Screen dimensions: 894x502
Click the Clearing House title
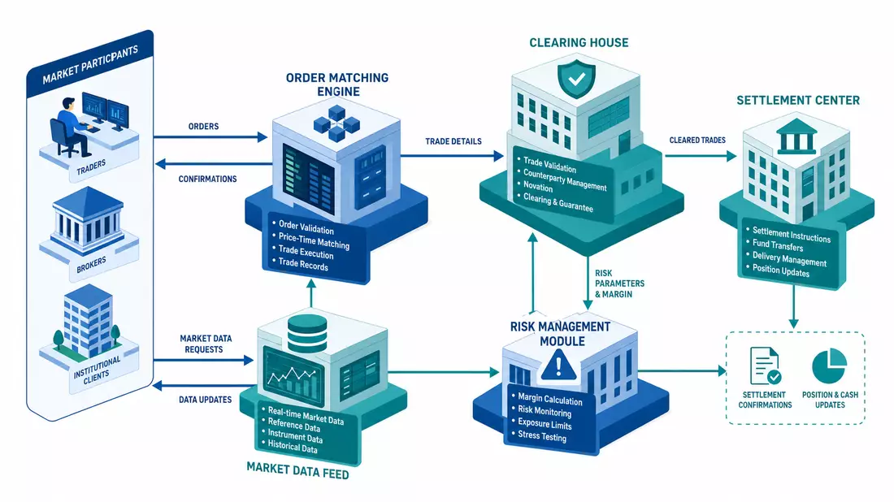coord(579,43)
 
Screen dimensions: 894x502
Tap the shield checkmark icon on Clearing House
coord(576,79)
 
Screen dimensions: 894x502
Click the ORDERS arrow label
coord(203,127)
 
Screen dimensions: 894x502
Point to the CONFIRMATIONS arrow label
coord(207,179)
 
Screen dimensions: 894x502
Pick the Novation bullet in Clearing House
coord(538,186)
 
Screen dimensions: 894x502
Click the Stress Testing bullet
coord(541,436)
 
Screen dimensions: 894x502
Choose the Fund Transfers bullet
coord(778,245)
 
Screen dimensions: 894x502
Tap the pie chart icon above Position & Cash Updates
coord(830,366)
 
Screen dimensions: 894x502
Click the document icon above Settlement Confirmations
coord(765,366)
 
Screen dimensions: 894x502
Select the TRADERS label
coord(91,167)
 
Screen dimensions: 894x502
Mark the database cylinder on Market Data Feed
coord(307,334)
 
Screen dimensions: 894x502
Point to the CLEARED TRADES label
coord(697,141)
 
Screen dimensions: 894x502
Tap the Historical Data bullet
coord(293,447)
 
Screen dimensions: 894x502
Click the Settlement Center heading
coord(797,101)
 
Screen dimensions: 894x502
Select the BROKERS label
coord(91,265)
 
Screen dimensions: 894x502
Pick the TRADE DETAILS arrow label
coord(454,141)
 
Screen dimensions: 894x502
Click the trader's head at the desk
coord(68,105)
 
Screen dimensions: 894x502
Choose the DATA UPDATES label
coord(206,400)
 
